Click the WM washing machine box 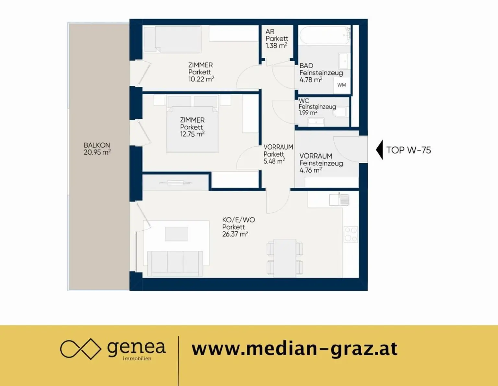[342, 85]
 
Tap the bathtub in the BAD [325, 35]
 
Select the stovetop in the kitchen [350, 234]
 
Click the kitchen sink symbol [339, 199]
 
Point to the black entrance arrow [380, 150]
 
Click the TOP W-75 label [409, 150]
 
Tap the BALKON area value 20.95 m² [97, 152]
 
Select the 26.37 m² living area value [235, 234]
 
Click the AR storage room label [270, 32]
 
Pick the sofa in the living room [175, 263]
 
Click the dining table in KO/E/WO [285, 258]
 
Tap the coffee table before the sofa [176, 234]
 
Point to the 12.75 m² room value [192, 134]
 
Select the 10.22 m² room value [201, 79]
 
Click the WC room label [304, 101]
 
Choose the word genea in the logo [136, 348]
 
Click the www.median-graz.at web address [294, 349]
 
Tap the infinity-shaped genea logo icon [80, 349]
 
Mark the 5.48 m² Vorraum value [274, 161]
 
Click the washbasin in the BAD [344, 61]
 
